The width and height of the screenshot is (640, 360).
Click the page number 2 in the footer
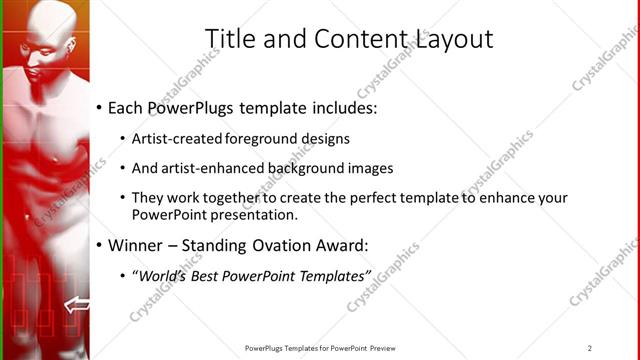(x=590, y=348)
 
